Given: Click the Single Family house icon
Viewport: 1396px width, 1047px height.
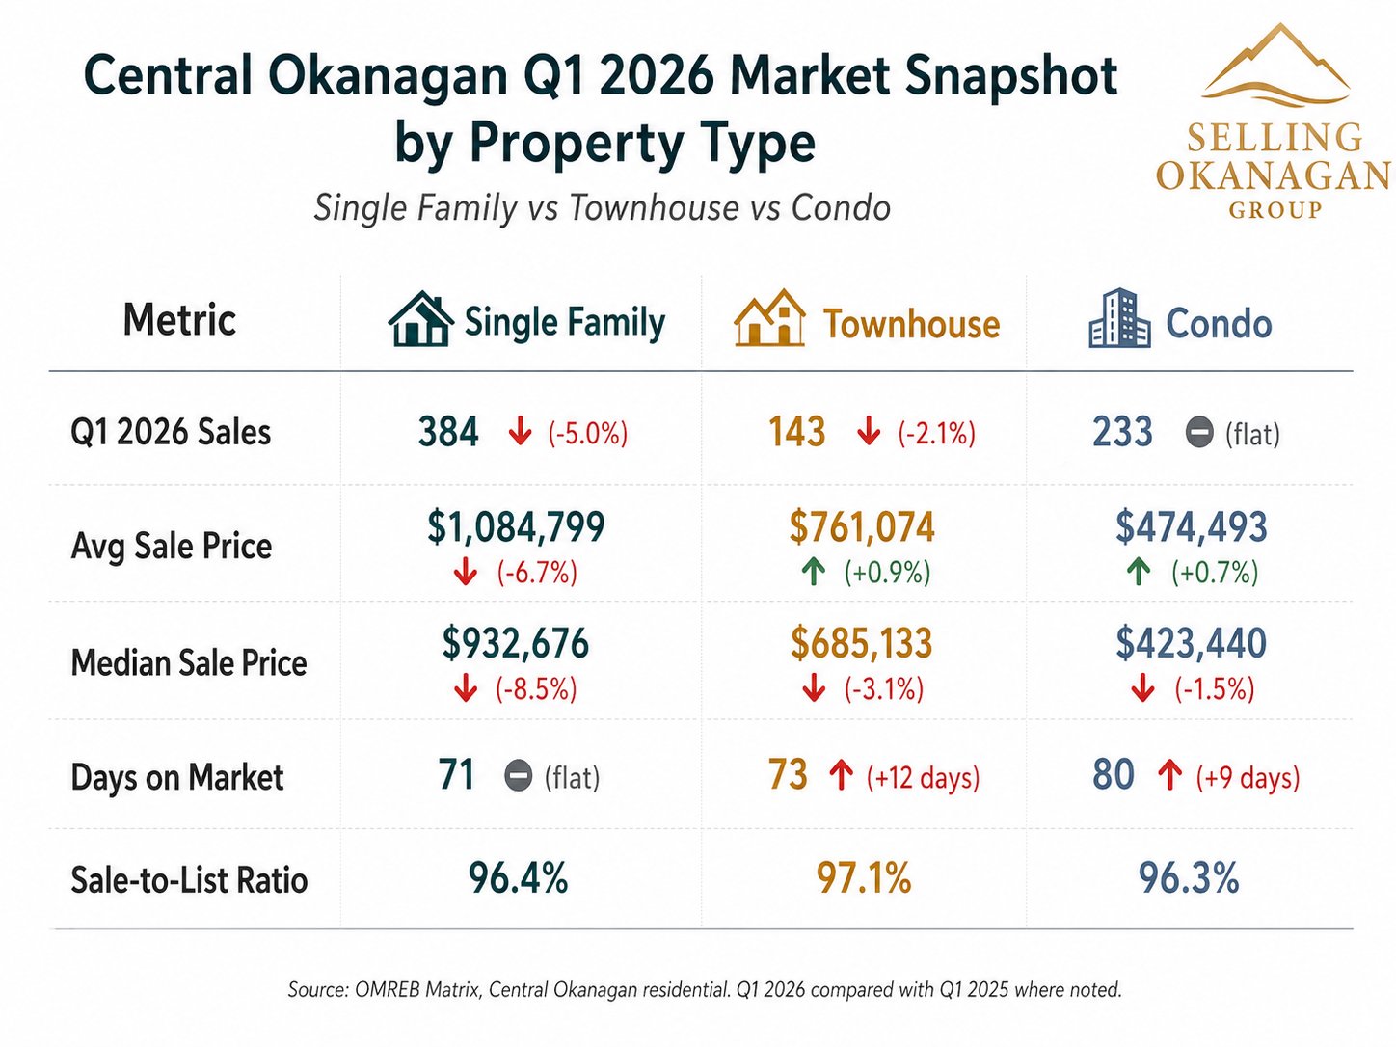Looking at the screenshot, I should tap(420, 319).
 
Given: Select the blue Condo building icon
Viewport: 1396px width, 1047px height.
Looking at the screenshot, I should tap(1119, 318).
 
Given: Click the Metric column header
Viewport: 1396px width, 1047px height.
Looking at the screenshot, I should tap(179, 319).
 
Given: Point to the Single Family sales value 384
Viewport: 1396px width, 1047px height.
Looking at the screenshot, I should tap(448, 432).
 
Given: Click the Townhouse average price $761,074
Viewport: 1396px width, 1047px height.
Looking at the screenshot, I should tap(862, 527).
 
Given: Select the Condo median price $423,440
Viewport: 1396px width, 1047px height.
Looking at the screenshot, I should tap(1191, 643).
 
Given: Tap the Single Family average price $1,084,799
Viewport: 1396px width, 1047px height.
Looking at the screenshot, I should tap(516, 527).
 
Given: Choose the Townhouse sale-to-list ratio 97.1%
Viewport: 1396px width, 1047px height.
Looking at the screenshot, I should tap(864, 878).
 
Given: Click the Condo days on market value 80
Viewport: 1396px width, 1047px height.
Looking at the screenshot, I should tap(1114, 774).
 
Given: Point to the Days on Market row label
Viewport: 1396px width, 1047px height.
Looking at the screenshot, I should tap(177, 777).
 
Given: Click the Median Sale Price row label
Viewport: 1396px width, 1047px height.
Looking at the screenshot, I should tap(189, 662).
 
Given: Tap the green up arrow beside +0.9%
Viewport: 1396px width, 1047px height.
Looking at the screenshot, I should tap(814, 573).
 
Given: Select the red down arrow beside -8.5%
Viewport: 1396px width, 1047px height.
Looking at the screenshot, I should tap(466, 688).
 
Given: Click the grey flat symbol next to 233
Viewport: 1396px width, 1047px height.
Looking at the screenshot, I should tap(1198, 433).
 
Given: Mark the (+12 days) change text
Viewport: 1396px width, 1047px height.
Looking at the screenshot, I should tap(923, 777).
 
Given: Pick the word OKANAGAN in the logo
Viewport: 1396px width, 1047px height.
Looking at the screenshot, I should tap(1274, 175).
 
